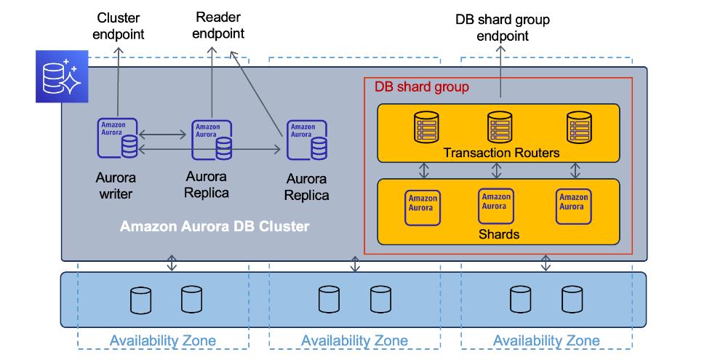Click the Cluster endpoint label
coord(120,26)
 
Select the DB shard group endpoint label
coord(503,27)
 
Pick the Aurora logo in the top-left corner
coord(61,77)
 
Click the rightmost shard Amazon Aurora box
coord(572,207)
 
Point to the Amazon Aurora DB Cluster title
coord(215,226)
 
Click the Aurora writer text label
coord(116,185)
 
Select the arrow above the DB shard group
coord(500,73)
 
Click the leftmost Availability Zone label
coord(163,340)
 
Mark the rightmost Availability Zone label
coord(546,340)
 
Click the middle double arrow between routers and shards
coord(497,170)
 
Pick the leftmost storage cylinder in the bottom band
coord(140,300)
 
